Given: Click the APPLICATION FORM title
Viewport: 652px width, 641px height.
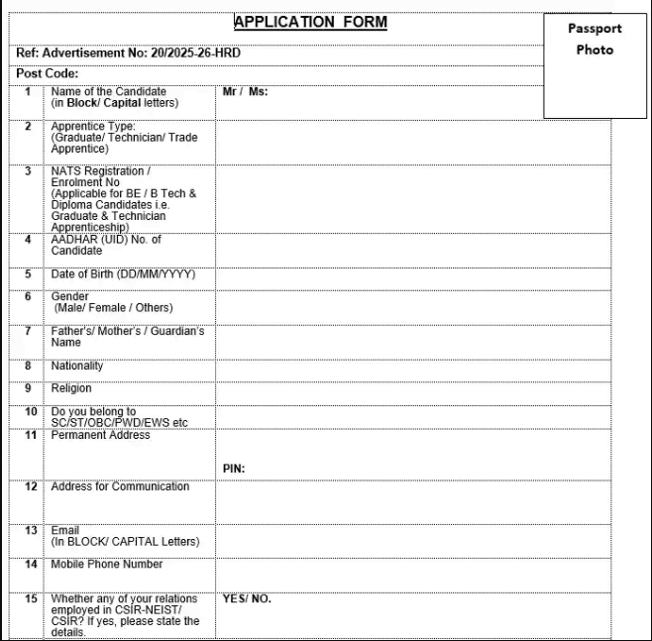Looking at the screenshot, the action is coord(310,22).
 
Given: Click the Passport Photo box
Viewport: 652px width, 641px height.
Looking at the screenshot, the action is coord(595,64).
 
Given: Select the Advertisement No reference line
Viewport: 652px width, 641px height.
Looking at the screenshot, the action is coord(129,53).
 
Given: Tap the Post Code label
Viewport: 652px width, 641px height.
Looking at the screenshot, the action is coord(48,73).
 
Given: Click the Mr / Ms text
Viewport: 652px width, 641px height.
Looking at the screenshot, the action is coord(245,91).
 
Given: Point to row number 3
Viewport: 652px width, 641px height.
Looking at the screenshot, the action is coord(28,171).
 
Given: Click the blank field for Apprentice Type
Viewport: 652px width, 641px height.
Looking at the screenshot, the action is coord(412,142).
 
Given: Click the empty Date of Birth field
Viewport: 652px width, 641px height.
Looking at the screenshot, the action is coord(412,276).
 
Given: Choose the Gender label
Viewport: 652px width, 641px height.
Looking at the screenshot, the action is coord(69,296).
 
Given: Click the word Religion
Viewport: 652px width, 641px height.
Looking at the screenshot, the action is coord(71,388).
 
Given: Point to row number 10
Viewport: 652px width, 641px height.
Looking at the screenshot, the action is coord(31,411).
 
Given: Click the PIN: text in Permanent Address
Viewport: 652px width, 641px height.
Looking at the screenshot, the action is coord(234,469).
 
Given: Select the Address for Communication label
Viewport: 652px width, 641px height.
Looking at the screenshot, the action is coord(120,486).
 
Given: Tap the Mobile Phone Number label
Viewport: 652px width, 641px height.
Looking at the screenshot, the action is coord(107,564).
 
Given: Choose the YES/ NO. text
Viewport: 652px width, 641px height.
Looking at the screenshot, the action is coord(247,598).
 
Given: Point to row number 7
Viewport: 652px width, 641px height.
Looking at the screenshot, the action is coord(28,331).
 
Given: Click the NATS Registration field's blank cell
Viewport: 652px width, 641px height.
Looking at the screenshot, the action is coord(412,198).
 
